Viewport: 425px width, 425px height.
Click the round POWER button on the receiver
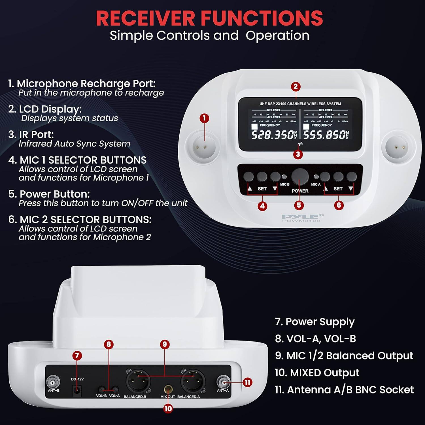tap(300, 177)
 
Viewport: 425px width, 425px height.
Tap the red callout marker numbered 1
tap(204, 118)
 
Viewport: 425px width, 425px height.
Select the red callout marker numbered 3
tap(298, 154)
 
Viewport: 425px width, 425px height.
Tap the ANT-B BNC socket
tap(54, 382)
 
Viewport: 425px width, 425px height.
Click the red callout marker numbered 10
tap(168, 409)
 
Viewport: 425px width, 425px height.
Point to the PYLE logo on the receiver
tap(303, 216)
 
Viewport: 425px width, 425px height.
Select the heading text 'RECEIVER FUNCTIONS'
tap(209, 18)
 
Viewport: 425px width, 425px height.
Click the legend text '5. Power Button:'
tap(49, 194)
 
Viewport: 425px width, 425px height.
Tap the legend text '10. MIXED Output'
tap(317, 373)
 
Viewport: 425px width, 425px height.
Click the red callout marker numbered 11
tap(247, 382)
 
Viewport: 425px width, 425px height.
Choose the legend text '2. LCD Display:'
tap(45, 109)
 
